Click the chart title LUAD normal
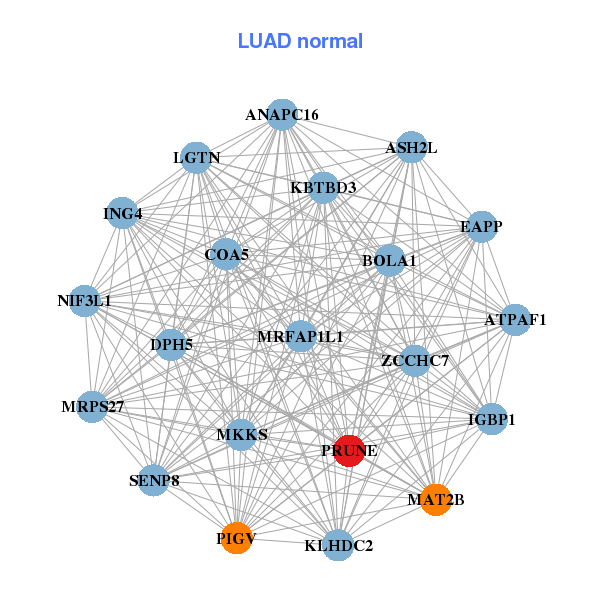click(300, 41)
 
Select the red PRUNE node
click(349, 451)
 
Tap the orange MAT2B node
click(435, 499)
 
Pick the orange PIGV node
click(237, 539)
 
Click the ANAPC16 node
click(282, 115)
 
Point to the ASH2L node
click(411, 148)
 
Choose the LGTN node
click(196, 158)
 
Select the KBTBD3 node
click(323, 187)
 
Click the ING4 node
click(122, 213)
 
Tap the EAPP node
click(482, 227)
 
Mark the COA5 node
click(226, 254)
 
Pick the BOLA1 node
click(389, 261)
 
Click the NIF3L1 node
click(84, 300)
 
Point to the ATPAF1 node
click(515, 320)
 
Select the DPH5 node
click(172, 345)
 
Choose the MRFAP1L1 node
click(300, 336)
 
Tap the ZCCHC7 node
click(415, 360)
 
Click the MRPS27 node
click(92, 407)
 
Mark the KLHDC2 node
click(338, 545)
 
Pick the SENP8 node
click(154, 481)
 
